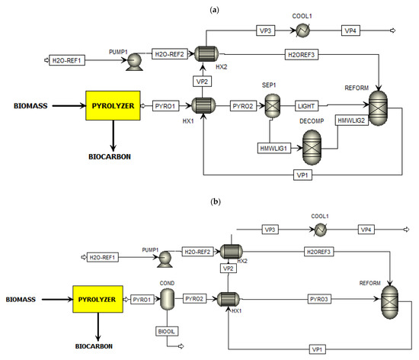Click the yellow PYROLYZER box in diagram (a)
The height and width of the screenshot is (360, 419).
click(112, 107)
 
